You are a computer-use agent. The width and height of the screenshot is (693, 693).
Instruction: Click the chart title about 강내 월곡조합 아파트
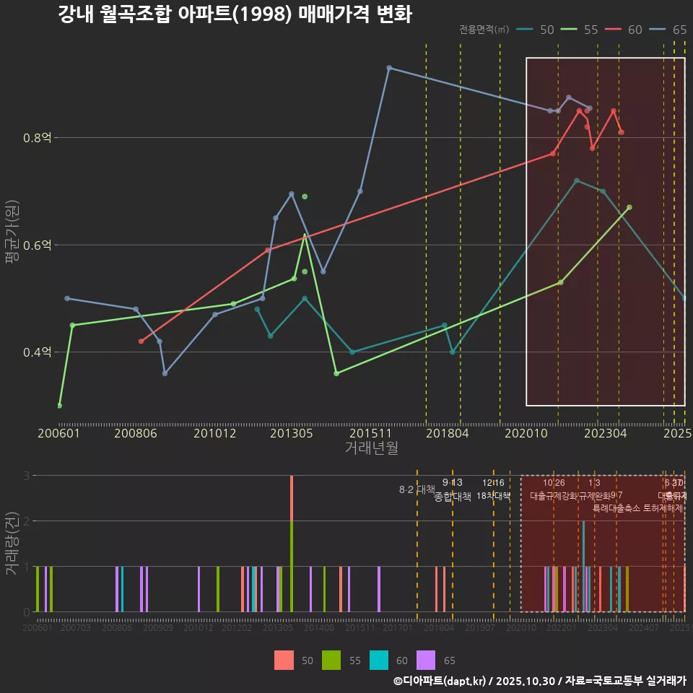coord(235,14)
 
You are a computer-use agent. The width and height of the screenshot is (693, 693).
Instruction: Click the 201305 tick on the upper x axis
coord(291,433)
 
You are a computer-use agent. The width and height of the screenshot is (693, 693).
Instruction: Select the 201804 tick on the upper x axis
coord(448,433)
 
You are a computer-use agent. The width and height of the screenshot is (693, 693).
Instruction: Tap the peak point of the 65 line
coord(389,68)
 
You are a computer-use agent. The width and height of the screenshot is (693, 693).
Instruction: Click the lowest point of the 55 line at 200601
coord(59,406)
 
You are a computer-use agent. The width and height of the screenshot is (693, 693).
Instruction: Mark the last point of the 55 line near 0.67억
coord(629,207)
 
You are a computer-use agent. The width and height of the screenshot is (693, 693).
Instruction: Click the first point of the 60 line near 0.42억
coord(141,341)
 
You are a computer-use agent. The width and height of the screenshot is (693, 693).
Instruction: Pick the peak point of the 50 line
coord(576,180)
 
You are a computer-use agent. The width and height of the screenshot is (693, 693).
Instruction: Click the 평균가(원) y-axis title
coord(12,245)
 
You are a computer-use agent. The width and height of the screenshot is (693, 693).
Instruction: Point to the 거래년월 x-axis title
coord(371,448)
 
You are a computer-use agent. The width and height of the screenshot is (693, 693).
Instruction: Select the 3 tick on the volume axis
coord(26,476)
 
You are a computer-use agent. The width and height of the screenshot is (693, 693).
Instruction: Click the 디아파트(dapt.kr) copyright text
coord(440,681)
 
